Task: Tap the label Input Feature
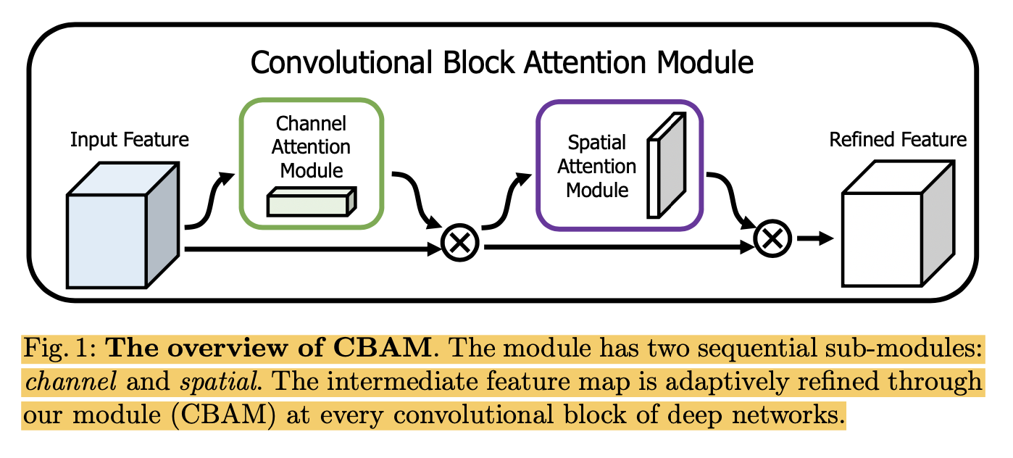click(x=130, y=139)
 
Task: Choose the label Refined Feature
click(x=898, y=139)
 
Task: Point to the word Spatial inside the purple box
click(x=596, y=142)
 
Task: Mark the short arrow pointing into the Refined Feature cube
click(x=814, y=238)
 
